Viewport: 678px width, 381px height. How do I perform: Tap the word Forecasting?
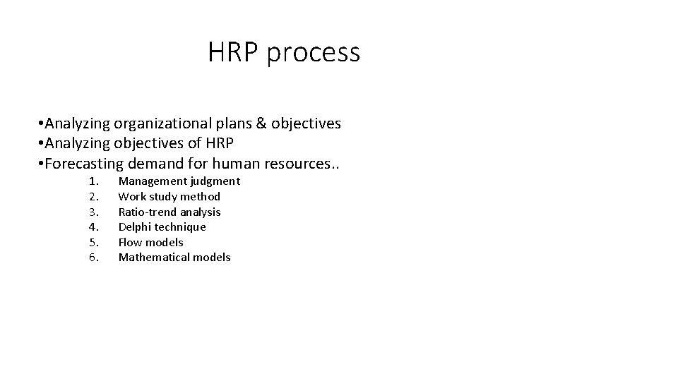coord(84,164)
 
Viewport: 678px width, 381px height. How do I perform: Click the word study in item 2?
coord(162,197)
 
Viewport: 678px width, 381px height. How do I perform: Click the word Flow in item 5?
coord(129,242)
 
